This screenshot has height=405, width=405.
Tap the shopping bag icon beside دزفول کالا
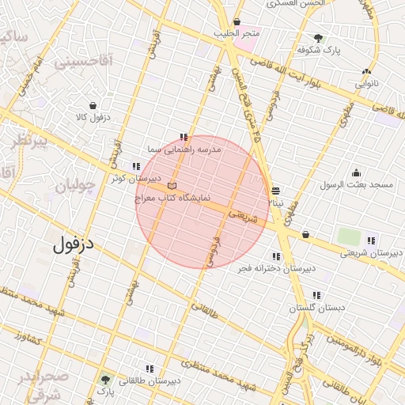[93, 105]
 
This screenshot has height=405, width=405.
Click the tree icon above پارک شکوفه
[318, 37]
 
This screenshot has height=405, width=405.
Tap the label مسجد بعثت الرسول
[356, 185]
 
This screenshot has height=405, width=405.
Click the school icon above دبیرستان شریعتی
[372, 240]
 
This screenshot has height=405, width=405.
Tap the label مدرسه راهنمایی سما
[185, 148]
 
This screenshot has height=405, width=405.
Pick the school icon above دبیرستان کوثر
[136, 166]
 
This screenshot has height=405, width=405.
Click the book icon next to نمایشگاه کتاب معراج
[172, 184]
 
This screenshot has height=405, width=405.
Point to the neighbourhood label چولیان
[74, 187]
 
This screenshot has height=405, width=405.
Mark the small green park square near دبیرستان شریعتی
[348, 236]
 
